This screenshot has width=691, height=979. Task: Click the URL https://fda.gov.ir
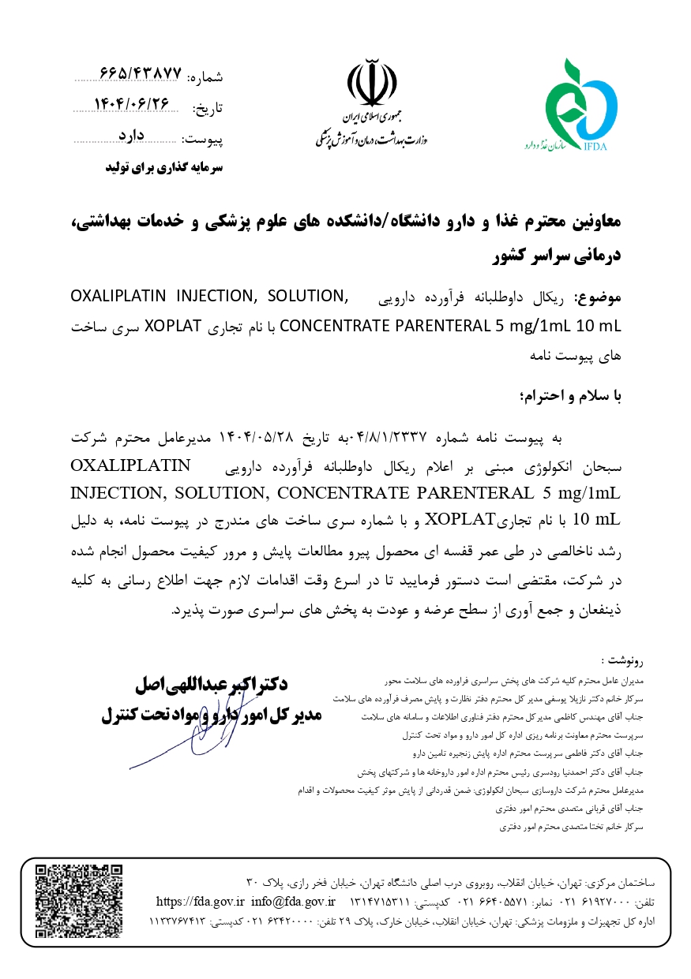coord(201,901)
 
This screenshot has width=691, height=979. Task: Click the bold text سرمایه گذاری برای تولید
coord(165,168)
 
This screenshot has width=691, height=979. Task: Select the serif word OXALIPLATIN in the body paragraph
coord(131,465)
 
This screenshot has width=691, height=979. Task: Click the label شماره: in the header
coord(208,77)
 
